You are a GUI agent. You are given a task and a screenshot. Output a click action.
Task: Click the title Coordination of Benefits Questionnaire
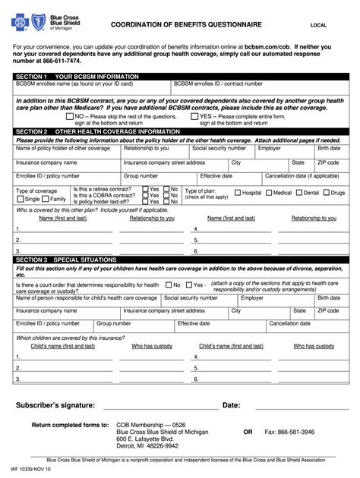(185, 25)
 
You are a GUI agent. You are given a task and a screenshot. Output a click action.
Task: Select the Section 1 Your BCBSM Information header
(77, 77)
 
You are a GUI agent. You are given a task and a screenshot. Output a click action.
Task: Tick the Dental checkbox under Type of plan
(298, 193)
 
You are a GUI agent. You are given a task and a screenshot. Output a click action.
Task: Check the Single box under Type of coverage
(22, 199)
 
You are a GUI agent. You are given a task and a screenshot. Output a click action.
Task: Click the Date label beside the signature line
(231, 405)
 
